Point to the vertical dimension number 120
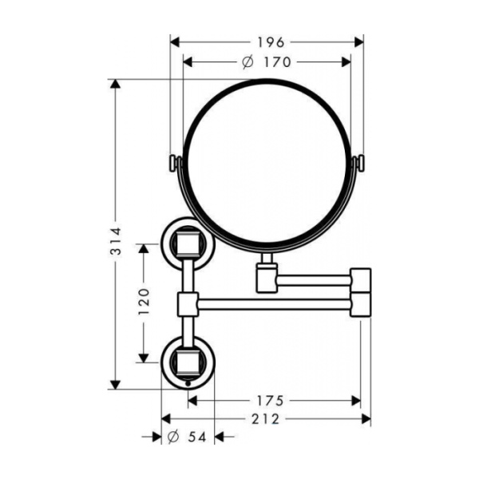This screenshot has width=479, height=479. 144,303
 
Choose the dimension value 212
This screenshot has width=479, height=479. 265,419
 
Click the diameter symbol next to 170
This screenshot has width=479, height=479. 247,61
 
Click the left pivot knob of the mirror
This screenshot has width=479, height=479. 173,163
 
